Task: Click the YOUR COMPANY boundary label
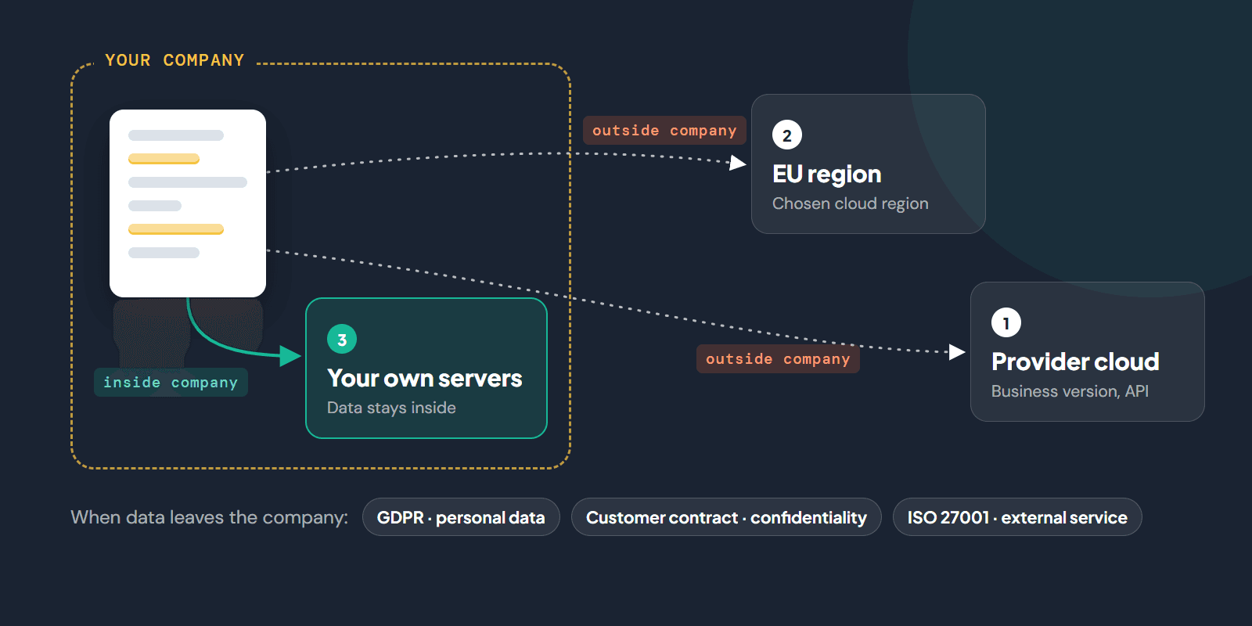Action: [175, 60]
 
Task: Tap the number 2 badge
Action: [787, 135]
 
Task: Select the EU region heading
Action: [826, 174]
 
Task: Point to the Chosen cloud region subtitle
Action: [850, 203]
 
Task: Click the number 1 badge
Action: [1006, 323]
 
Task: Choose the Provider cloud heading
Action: [1075, 362]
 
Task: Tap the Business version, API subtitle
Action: [1070, 391]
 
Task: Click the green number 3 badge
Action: [341, 340]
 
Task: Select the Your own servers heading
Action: [424, 379]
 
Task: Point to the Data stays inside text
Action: [391, 408]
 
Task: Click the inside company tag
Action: [171, 383]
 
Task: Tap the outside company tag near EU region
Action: [664, 130]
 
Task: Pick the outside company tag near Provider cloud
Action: [778, 359]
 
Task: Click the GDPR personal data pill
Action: [461, 517]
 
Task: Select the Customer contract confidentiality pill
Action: [726, 517]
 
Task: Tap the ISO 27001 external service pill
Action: [1017, 517]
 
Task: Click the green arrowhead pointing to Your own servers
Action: [290, 355]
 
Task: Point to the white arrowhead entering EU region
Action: [739, 163]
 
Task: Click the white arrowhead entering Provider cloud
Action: [958, 352]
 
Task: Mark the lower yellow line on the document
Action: [176, 229]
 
